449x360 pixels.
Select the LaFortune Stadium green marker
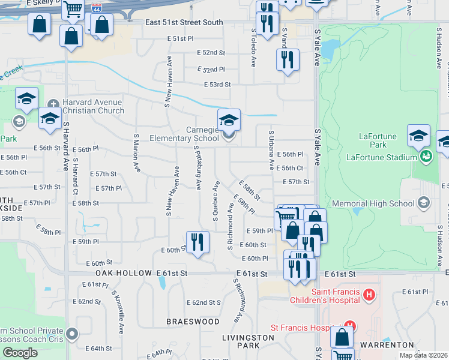click(426, 157)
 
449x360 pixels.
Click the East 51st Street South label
click(184, 22)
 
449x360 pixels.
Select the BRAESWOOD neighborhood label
click(193, 322)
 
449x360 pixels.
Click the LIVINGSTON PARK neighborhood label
click(249, 341)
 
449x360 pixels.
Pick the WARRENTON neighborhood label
click(387, 345)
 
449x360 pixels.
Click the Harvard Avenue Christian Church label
click(93, 106)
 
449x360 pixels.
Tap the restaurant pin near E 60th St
click(197, 242)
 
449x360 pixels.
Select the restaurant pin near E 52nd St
click(288, 59)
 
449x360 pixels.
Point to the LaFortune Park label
click(378, 140)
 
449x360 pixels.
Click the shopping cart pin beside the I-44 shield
click(73, 9)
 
